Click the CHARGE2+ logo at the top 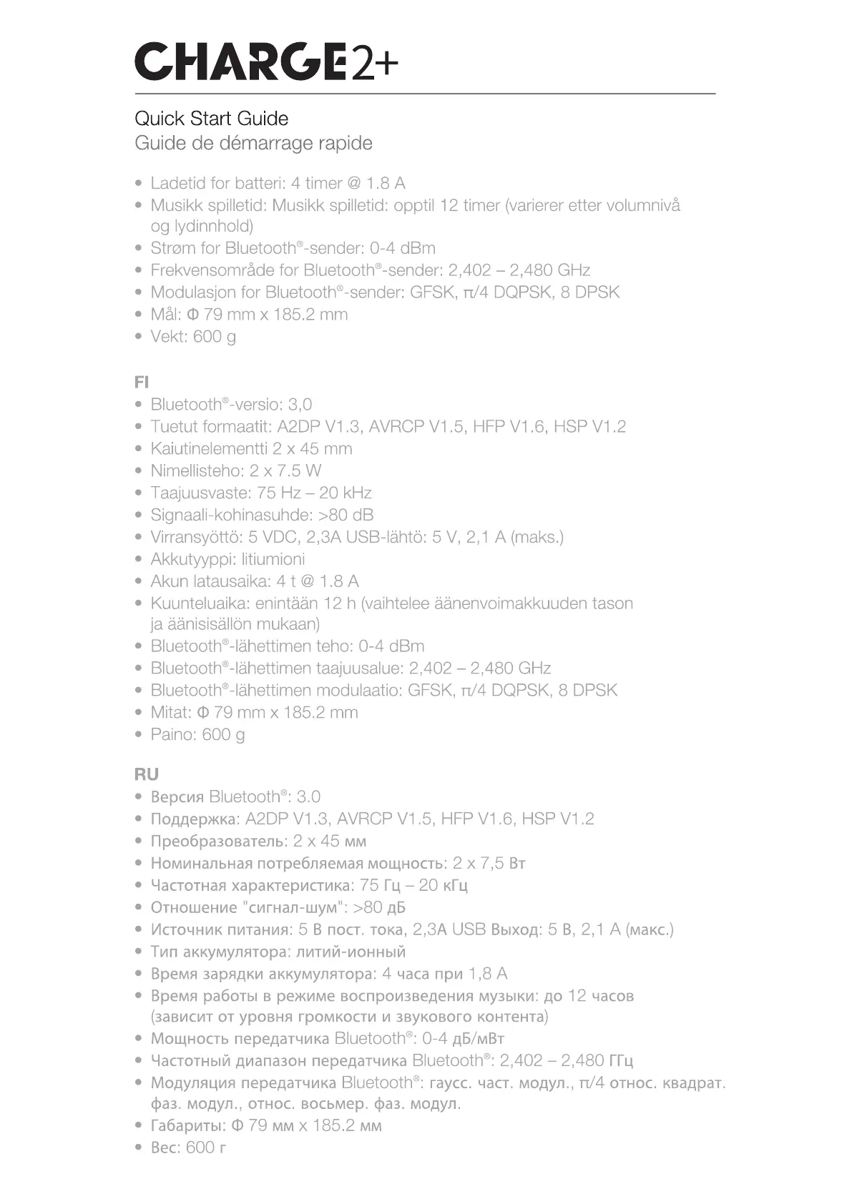(265, 61)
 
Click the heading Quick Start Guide (211, 119)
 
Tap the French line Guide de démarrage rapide (253, 143)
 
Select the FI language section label (141, 382)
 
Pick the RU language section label (146, 774)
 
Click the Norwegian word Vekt (168, 336)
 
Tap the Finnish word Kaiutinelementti (208, 448)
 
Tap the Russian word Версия (177, 796)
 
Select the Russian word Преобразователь (218, 841)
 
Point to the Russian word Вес (164, 1148)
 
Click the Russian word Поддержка (193, 819)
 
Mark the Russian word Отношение (193, 907)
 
